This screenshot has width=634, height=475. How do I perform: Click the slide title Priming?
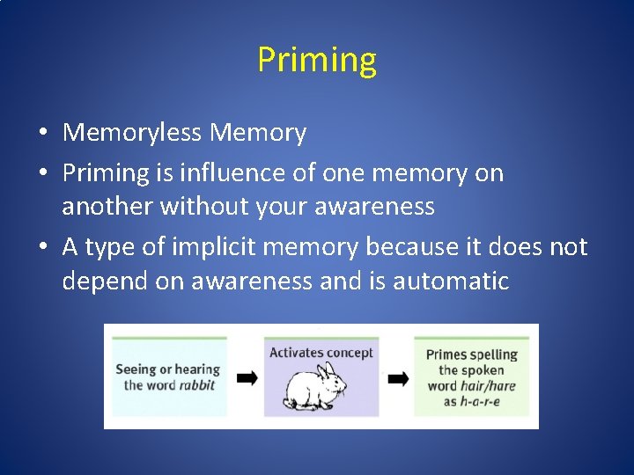coord(317,61)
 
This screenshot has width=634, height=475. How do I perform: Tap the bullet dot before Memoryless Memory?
coord(42,134)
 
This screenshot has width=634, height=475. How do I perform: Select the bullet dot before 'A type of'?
coord(42,248)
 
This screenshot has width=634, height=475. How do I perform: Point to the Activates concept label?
coord(321,353)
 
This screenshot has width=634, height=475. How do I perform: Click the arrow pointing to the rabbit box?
coord(247,377)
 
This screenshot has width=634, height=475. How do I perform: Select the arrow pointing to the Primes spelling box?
coord(398,378)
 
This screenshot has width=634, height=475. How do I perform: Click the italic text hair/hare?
coord(488,385)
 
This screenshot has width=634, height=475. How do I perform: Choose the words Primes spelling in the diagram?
coord(471,354)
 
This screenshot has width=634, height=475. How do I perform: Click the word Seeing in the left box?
coord(136,369)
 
